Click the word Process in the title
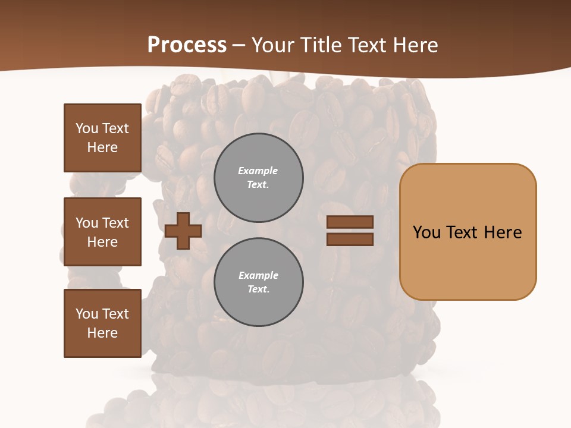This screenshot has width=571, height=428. [187, 45]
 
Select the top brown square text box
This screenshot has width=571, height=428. [102, 138]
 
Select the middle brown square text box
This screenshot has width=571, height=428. [102, 232]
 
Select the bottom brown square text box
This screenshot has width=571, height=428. [102, 323]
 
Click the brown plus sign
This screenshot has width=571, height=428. [183, 231]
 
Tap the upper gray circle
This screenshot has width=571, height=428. [259, 178]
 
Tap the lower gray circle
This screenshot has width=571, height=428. [259, 282]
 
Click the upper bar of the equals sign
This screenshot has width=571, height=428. [350, 222]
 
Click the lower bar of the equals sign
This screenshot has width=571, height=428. [350, 239]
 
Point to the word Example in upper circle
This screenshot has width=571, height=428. [258, 171]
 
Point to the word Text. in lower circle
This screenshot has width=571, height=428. [258, 289]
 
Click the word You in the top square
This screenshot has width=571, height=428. [87, 128]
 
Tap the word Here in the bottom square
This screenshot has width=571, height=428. [102, 333]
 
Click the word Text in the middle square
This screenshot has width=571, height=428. [115, 223]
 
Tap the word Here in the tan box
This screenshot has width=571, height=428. [503, 232]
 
